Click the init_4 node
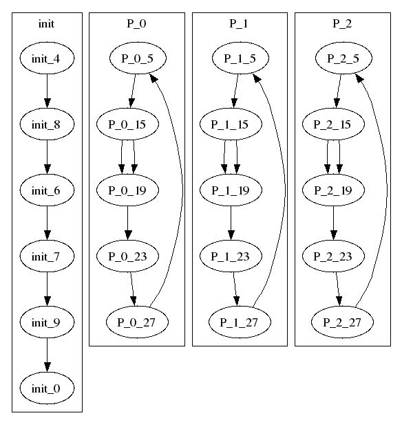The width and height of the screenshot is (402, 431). [47, 58]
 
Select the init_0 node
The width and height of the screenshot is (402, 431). [47, 388]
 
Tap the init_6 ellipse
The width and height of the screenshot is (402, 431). [47, 190]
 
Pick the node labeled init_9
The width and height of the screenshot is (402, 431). [47, 322]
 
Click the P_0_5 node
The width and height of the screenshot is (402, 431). [138, 58]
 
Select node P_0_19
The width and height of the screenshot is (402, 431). [127, 190]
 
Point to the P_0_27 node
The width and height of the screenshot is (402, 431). [137, 322]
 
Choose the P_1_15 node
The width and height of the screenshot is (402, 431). [231, 124]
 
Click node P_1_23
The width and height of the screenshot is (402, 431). [231, 256]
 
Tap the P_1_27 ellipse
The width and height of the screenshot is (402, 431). [240, 322]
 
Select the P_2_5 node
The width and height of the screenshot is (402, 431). [343, 58]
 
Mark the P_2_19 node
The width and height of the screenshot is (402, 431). [333, 190]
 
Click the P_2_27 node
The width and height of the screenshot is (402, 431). [343, 322]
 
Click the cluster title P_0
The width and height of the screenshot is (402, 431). [136, 23]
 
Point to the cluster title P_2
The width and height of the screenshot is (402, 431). [342, 23]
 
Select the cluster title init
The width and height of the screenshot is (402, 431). [46, 23]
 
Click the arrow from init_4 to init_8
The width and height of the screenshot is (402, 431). [47, 91]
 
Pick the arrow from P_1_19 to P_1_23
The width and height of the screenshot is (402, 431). [231, 223]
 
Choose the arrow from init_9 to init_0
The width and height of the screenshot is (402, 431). [47, 355]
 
